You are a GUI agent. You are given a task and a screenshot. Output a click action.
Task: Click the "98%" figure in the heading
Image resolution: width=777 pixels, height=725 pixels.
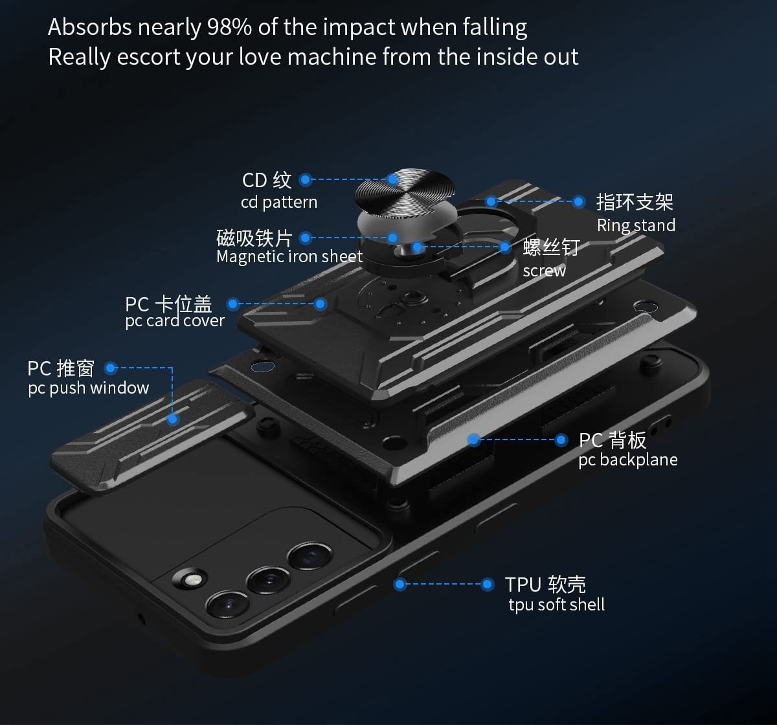point(229,27)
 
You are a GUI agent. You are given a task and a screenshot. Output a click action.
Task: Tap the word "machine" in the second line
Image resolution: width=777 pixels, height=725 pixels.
point(332,57)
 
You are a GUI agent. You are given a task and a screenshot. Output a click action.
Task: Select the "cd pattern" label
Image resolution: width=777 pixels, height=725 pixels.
point(279,203)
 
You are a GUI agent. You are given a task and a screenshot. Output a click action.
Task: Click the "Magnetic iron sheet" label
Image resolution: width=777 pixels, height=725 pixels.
point(289,257)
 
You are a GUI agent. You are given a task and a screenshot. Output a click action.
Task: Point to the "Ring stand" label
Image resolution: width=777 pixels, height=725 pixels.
point(636,225)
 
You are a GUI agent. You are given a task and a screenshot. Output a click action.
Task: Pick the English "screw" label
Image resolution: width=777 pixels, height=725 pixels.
point(544,271)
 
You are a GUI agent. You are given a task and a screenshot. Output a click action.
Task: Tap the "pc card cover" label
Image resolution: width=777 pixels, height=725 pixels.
point(175,321)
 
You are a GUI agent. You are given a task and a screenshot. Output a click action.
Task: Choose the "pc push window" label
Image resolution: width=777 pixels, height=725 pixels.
point(89,388)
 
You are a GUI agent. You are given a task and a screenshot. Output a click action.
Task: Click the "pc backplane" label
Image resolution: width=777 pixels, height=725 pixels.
point(628,460)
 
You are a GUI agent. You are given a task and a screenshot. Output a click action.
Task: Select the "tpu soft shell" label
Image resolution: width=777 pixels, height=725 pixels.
point(556,605)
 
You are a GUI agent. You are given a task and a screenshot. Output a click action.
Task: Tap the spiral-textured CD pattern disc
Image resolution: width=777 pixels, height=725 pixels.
point(405,191)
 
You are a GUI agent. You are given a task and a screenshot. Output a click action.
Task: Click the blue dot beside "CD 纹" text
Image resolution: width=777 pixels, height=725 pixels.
point(306,179)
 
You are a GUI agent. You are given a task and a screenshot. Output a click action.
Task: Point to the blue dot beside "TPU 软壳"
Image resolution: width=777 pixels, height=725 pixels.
point(488,585)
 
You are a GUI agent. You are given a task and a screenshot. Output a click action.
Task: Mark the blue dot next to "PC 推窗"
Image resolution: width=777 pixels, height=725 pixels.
point(111,368)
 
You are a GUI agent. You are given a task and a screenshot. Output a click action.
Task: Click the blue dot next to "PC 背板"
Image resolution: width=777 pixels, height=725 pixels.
point(561,440)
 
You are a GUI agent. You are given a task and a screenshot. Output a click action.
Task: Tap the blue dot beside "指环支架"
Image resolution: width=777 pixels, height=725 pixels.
point(579,202)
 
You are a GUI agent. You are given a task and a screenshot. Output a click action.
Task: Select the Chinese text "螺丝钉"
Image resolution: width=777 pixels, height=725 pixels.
point(551,247)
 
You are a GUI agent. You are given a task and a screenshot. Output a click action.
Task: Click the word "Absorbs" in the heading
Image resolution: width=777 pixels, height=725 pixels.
point(90,27)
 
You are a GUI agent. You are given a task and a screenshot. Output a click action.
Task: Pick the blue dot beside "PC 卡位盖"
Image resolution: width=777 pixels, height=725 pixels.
point(233,304)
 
